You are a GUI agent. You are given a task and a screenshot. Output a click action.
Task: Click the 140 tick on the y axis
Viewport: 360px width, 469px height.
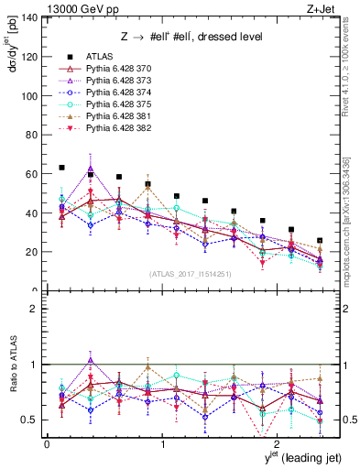click(x=31, y=18)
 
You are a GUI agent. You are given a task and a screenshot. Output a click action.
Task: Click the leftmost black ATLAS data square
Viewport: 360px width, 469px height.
click(x=61, y=168)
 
